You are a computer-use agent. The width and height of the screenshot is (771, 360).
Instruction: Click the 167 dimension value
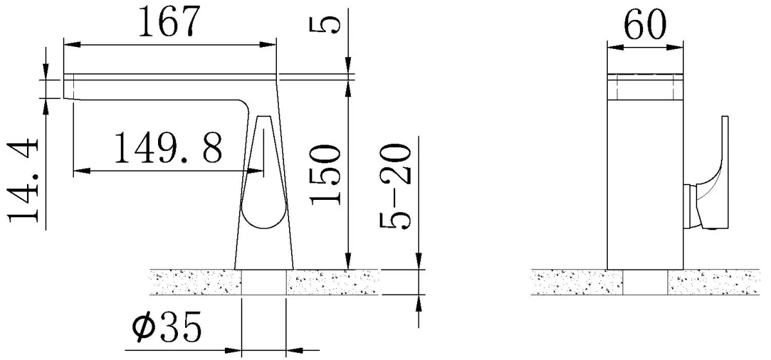point(169,22)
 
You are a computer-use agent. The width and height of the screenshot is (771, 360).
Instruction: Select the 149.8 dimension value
point(168,148)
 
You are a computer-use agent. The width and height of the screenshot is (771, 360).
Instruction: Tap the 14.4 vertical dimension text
point(23,180)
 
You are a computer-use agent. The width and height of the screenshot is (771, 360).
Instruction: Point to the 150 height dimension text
point(325,175)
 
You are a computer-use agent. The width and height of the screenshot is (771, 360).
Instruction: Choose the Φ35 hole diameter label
point(166,326)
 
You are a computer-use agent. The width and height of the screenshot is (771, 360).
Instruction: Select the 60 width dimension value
point(644,24)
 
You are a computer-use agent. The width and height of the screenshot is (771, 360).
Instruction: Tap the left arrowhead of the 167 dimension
point(72,44)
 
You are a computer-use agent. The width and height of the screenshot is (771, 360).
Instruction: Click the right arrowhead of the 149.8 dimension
point(256,171)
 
